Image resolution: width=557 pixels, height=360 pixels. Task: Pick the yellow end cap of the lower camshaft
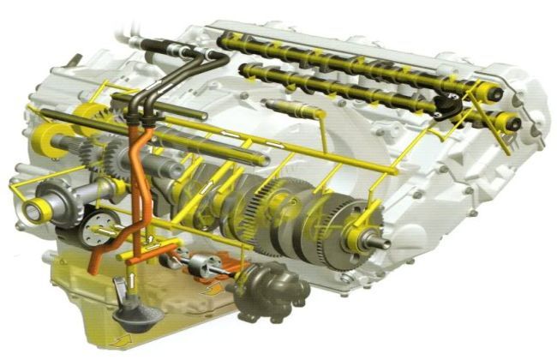tap(515, 123)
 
